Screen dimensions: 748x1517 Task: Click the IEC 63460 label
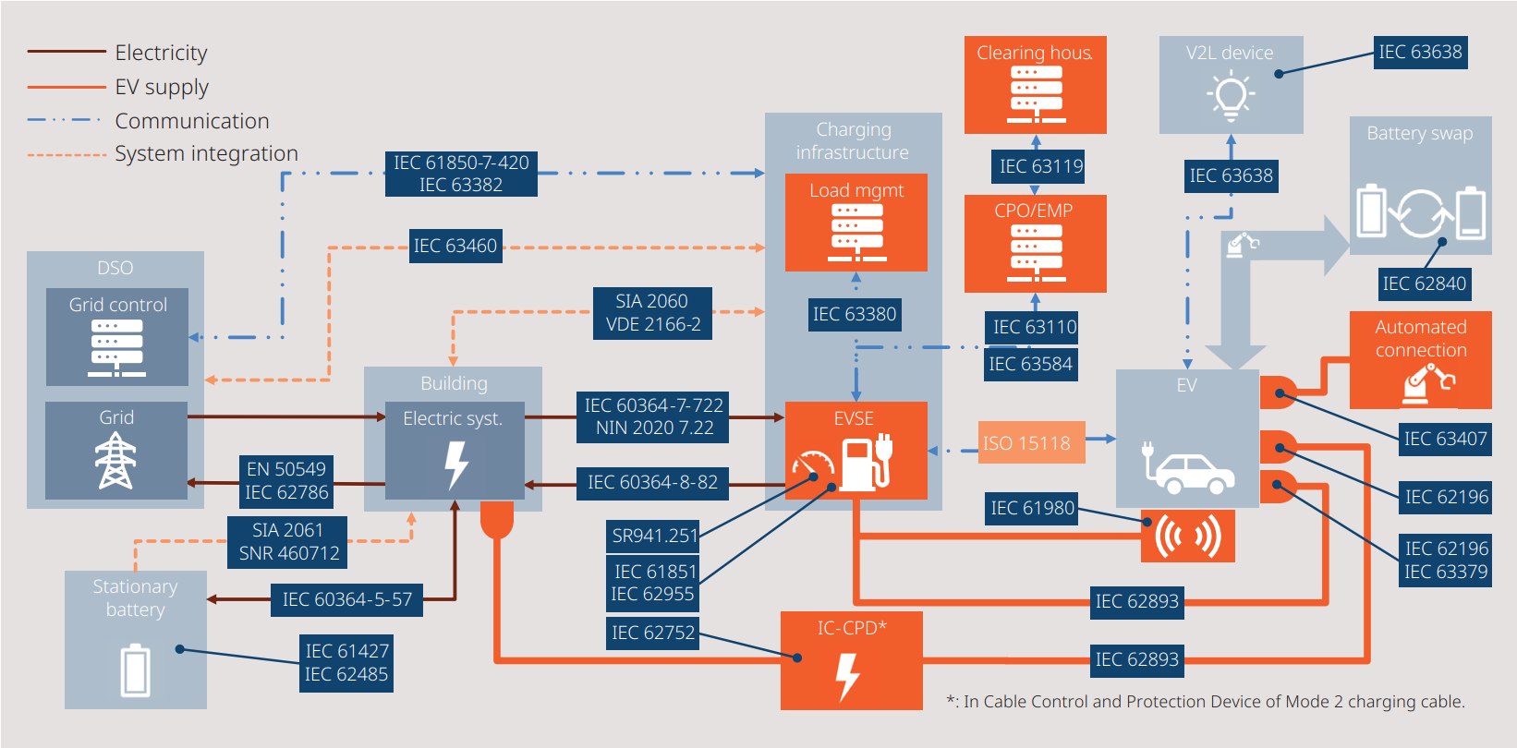pos(455,246)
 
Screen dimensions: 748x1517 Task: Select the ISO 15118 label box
pos(1026,443)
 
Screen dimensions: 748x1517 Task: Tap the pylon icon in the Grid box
pos(115,460)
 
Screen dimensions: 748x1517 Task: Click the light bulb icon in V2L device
pos(1230,97)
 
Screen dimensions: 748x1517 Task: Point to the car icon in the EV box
pos(1192,473)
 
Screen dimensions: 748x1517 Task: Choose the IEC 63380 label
pos(855,314)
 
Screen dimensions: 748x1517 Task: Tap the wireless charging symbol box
pos(1187,536)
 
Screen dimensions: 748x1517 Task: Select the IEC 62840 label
pos(1424,284)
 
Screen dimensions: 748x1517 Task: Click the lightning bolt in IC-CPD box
pos(847,677)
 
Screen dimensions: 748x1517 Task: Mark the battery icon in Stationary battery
pos(135,670)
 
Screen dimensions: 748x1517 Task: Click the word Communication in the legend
pos(192,121)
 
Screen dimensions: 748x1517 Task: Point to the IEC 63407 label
pos(1445,439)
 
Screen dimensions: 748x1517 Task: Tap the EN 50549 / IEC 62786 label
pos(286,480)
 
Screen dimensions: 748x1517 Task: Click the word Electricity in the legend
pos(161,53)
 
